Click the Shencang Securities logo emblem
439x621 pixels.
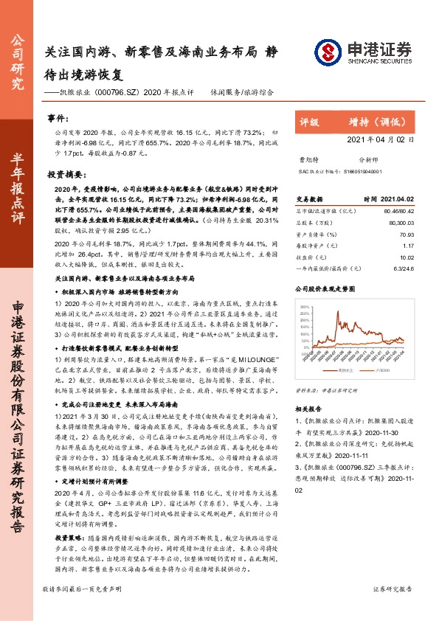pos(328,52)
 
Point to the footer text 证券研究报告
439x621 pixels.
pos(398,610)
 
